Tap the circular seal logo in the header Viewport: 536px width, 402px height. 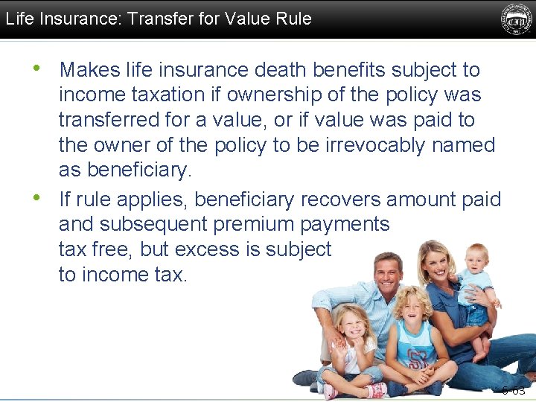pos(516,19)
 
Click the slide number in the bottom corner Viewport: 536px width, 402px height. pos(514,390)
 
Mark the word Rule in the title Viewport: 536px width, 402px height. pos(293,19)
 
